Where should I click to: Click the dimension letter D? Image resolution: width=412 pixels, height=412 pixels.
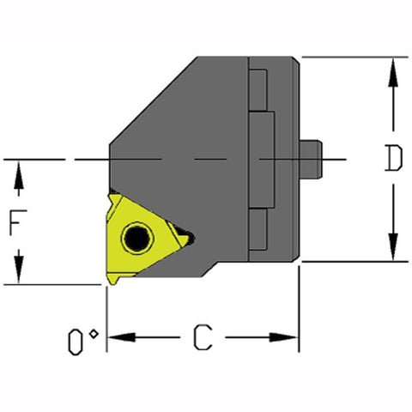pyautogui.click(x=392, y=160)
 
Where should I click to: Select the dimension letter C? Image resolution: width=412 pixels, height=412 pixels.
pyautogui.click(x=202, y=337)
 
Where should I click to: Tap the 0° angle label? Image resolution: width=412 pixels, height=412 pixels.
pyautogui.click(x=82, y=342)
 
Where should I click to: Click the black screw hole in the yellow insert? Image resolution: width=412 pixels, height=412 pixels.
pyautogui.click(x=135, y=237)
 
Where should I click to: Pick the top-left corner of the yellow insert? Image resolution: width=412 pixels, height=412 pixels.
pyautogui.click(x=112, y=197)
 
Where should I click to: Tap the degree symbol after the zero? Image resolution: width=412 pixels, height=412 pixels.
pyautogui.click(x=94, y=332)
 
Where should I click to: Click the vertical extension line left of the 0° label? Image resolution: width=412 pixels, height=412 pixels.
pyautogui.click(x=106, y=326)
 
